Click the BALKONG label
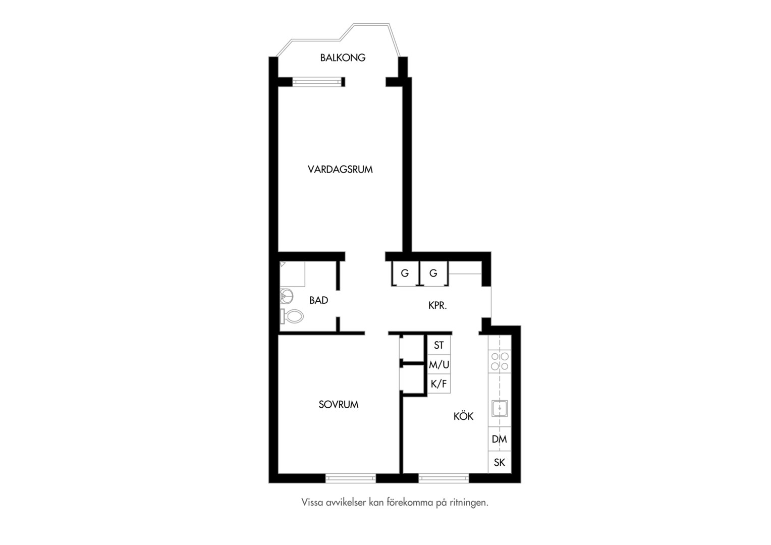[343, 58]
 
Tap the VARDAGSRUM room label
[340, 170]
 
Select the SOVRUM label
[339, 404]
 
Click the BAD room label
[318, 300]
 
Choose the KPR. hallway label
[437, 305]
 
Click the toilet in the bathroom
[292, 316]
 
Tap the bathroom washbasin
[287, 296]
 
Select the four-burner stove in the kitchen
[500, 361]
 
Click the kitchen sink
[500, 408]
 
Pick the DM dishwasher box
[500, 439]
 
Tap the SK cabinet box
[500, 462]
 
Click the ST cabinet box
[439, 345]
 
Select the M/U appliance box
[439, 364]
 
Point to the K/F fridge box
[439, 384]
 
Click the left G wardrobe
[405, 274]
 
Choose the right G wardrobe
[434, 274]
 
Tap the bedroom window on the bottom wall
[351, 478]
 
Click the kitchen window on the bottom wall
[444, 478]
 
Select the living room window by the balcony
[318, 82]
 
